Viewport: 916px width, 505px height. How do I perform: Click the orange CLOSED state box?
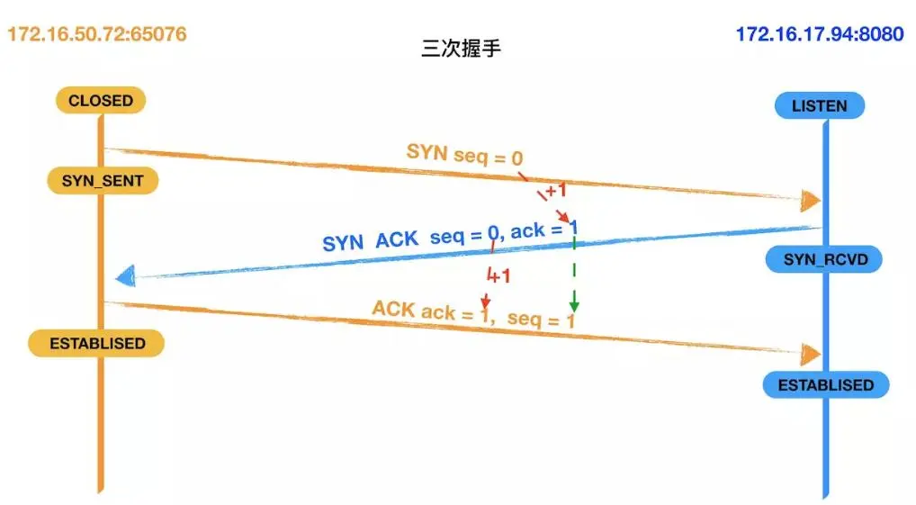pos(100,101)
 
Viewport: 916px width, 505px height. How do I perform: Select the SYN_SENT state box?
pos(102,181)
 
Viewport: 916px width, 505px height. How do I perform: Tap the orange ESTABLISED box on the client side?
pos(96,343)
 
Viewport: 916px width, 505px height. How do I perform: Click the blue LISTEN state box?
pos(819,106)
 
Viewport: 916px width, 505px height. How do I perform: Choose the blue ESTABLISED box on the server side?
pos(825,385)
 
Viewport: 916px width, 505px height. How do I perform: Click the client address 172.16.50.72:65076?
pos(97,35)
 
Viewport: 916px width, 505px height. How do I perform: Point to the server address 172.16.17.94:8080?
pos(819,35)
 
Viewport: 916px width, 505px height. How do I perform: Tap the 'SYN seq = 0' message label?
pos(464,155)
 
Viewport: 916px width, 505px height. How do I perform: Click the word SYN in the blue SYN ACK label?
pos(342,242)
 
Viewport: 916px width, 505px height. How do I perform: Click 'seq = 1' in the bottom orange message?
pos(541,319)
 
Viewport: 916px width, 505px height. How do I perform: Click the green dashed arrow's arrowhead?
pos(573,305)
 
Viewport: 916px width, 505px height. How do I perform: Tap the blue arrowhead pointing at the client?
pos(125,276)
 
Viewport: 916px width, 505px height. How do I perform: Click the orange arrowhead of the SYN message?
pos(811,200)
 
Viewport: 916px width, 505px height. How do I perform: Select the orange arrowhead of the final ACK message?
pos(811,353)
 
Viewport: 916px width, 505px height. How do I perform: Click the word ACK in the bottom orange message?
pos(392,310)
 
